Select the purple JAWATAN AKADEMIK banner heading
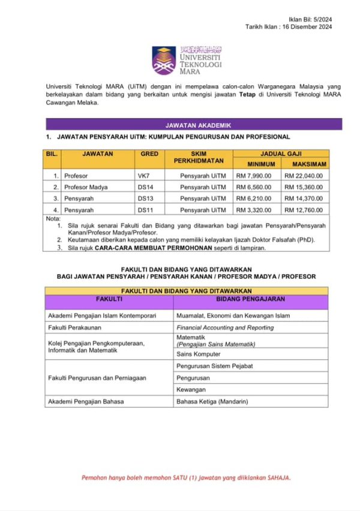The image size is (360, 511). tap(194, 125)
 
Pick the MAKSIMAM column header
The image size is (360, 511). tap(305, 164)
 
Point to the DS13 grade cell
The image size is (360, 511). tap(145, 199)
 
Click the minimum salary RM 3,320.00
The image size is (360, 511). tap(254, 210)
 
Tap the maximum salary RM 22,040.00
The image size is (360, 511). tap(304, 176)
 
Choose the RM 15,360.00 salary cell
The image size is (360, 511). tap(304, 187)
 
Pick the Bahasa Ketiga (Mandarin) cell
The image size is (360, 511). tap(212, 401)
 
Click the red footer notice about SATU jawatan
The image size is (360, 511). tap(186, 478)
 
